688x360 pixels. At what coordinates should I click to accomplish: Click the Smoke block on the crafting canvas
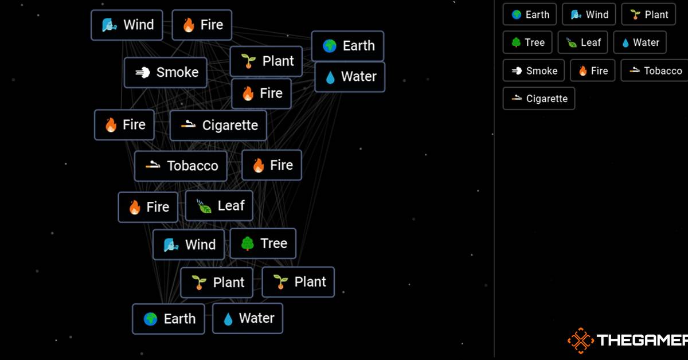pos(166,72)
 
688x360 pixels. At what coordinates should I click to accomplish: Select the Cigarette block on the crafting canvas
pos(218,126)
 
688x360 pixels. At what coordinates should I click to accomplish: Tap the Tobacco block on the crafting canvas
pos(181,166)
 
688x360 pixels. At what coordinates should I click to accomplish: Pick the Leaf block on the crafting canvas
pos(219,205)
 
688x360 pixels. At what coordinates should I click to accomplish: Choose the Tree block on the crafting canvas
pos(263,244)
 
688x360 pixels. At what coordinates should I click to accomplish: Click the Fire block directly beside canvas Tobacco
pos(272,165)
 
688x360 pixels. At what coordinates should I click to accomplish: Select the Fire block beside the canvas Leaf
pos(148,207)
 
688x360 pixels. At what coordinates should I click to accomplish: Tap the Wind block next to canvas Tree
pos(189,245)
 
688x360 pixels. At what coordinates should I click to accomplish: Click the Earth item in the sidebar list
pos(530,14)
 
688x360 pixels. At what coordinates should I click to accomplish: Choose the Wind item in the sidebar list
pos(589,14)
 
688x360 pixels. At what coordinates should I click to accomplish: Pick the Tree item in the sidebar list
pos(527,42)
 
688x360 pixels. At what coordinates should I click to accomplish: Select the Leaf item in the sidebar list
pos(583,42)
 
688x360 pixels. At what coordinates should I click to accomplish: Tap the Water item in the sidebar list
pos(640,42)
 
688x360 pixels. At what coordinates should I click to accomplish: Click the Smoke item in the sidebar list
pos(534,71)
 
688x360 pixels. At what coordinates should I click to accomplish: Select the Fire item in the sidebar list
pos(592,71)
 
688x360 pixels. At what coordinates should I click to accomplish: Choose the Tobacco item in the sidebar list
pos(655,71)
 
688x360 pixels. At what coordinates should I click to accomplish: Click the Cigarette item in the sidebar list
pos(539,99)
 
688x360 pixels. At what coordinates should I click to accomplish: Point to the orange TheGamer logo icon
pos(580,341)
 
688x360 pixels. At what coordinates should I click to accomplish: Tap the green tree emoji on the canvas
pos(248,244)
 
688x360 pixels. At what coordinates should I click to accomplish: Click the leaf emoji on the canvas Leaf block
pos(204,206)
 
